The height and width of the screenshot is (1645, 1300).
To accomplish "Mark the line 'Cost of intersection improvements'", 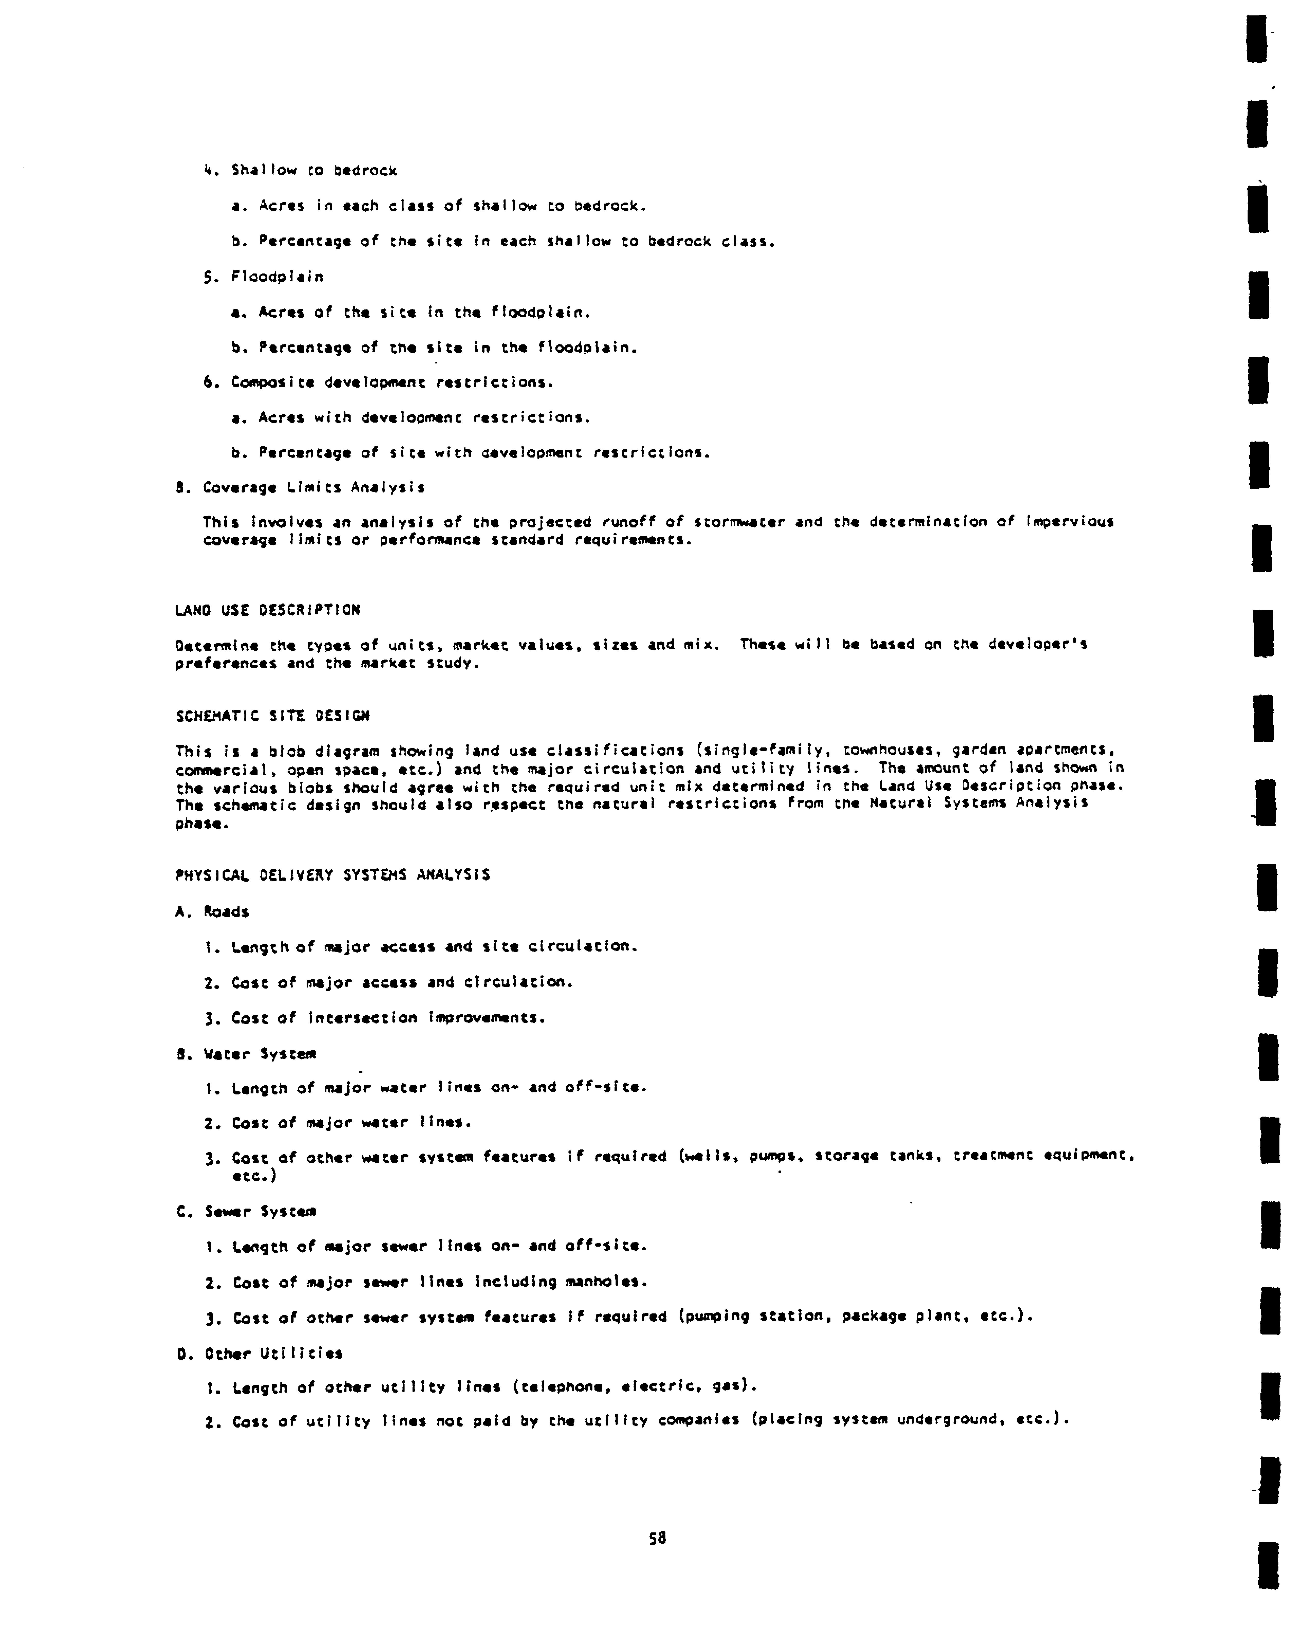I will click(375, 1018).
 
